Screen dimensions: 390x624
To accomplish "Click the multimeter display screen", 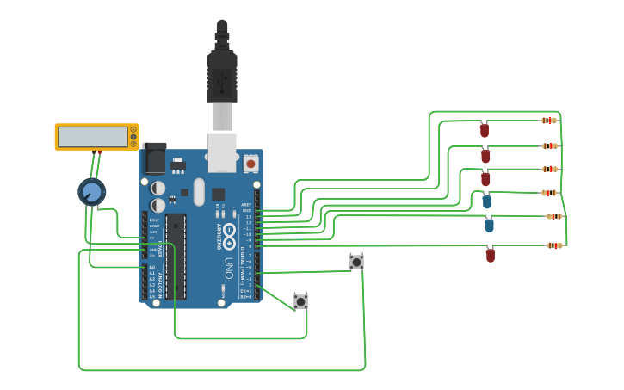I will click(92, 137).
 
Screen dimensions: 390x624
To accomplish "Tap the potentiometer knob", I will click(91, 191).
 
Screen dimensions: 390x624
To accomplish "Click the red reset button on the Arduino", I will click(250, 162).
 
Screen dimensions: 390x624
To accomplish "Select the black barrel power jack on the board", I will click(155, 158).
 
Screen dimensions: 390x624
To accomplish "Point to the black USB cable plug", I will click(221, 77).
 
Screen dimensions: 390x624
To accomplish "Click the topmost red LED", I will click(485, 130).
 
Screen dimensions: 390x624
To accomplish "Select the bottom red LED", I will click(491, 255).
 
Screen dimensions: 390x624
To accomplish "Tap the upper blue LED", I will click(487, 201).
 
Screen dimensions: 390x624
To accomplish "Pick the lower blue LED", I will click(489, 226).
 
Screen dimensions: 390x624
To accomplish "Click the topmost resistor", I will click(549, 121).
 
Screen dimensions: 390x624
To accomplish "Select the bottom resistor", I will click(554, 245).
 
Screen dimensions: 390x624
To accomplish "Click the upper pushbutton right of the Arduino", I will click(356, 261).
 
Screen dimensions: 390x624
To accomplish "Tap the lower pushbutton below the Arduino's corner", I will click(300, 301).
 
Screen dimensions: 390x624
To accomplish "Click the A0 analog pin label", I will click(152, 268).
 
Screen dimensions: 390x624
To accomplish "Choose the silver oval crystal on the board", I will click(199, 191).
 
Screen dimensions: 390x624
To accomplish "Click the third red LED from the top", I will click(485, 179).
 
